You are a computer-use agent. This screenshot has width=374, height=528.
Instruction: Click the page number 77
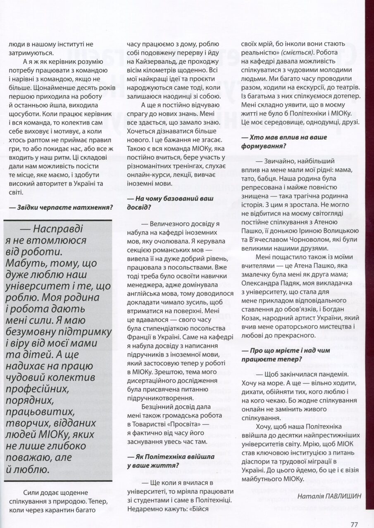353,513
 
